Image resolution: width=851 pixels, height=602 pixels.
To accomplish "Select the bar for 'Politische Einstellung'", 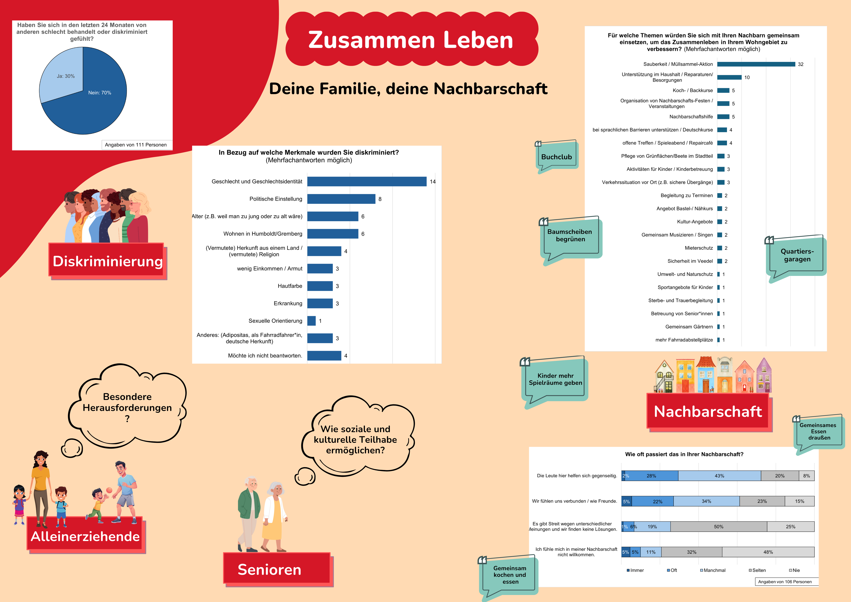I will tap(341, 199).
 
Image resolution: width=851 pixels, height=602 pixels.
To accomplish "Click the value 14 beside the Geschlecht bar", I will tap(433, 182).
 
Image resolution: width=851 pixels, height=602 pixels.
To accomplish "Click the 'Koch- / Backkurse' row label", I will tap(692, 91).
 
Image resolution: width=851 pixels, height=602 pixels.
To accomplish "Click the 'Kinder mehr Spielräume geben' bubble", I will tap(555, 379).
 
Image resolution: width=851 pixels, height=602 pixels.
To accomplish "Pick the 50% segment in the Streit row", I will tap(718, 527).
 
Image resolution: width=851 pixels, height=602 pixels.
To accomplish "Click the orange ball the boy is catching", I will tap(109, 490).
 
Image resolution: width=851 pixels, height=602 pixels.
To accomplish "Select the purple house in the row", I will tap(764, 376).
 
